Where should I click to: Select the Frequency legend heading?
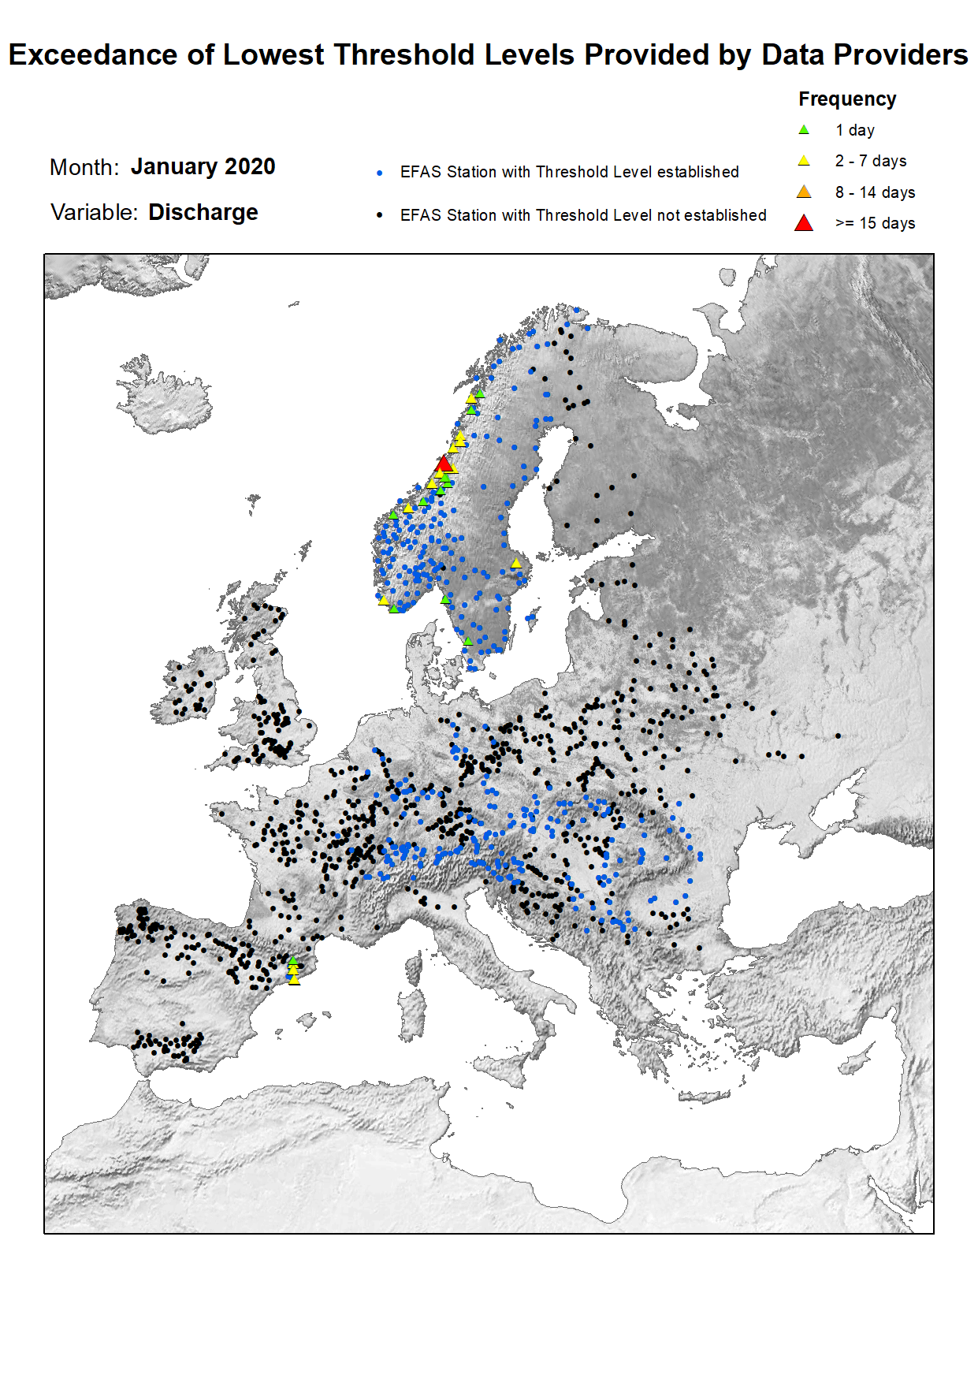point(847,99)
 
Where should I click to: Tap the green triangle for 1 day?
point(804,130)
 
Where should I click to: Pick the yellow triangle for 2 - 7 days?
point(804,161)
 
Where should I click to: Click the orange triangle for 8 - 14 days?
point(804,192)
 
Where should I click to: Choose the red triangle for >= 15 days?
point(804,223)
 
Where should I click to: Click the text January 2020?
point(203,167)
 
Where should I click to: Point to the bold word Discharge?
point(203,213)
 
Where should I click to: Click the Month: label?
point(84,168)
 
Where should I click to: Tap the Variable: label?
point(94,213)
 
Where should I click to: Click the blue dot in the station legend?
point(380,173)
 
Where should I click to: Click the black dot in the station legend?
point(380,215)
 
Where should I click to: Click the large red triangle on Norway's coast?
point(444,464)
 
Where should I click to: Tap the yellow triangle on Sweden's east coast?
point(516,563)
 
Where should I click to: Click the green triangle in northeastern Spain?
point(292,961)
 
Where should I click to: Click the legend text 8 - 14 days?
point(875,192)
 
